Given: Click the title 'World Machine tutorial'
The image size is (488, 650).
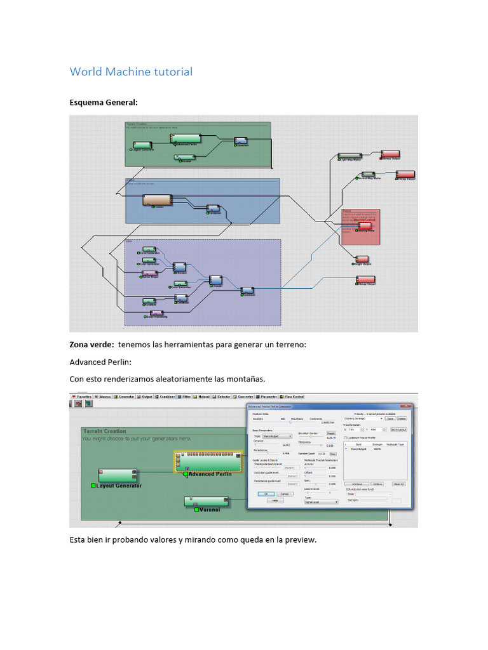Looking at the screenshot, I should tap(130, 72).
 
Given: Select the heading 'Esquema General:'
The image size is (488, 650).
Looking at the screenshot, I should tap(103, 102).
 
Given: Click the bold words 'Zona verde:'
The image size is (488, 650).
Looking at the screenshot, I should tap(91, 344).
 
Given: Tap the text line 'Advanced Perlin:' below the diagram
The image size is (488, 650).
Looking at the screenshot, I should tap(101, 362).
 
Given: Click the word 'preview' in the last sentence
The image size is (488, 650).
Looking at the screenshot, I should tap(297, 540).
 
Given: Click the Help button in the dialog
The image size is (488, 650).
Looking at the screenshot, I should tap(275, 500).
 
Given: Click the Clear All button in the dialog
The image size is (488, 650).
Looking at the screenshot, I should tap(399, 484).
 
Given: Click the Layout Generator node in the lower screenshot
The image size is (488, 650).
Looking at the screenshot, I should tap(117, 476).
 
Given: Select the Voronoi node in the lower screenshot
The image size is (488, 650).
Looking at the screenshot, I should tap(206, 501).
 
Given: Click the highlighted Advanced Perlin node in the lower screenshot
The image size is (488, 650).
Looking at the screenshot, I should tap(208, 462).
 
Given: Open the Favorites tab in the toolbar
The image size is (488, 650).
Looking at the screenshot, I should tap(83, 397).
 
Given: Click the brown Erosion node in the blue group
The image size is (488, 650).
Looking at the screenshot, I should tap(158, 201).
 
